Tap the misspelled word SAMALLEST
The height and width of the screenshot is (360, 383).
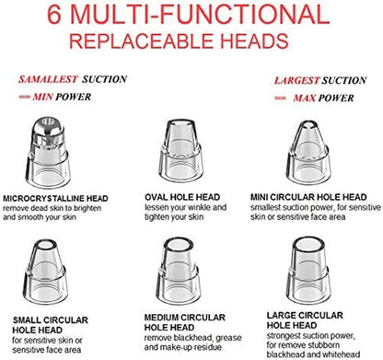(48, 79)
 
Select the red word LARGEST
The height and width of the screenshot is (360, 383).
(296, 80)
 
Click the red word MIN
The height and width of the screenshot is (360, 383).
(43, 97)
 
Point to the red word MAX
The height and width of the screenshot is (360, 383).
(304, 99)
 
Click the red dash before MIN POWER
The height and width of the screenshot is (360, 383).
(24, 97)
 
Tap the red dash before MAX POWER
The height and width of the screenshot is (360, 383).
(280, 99)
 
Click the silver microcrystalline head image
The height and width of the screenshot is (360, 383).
(48, 153)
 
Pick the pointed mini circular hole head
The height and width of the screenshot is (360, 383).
(308, 152)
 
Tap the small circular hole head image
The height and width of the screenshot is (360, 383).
(45, 271)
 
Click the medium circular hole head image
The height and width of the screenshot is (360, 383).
(179, 271)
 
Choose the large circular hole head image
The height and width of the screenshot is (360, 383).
(308, 270)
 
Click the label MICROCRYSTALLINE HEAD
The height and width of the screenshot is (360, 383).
(55, 198)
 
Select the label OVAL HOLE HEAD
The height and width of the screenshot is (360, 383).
(182, 197)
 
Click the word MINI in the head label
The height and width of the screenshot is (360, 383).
(260, 197)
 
